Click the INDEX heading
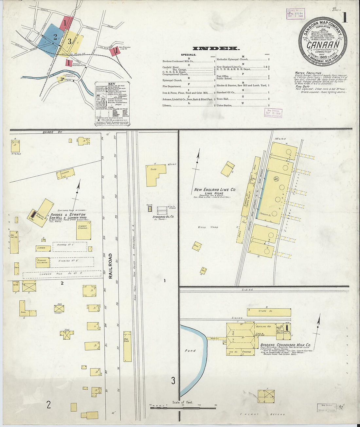pos(216,48)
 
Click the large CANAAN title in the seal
pos(323,44)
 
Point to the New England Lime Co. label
pos(215,189)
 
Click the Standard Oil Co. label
pos(163,217)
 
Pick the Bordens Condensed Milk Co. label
pos(285,345)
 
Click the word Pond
pos(190,350)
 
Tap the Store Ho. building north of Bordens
pos(269,312)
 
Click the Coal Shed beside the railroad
pos(127,346)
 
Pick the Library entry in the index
pos(167,105)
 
